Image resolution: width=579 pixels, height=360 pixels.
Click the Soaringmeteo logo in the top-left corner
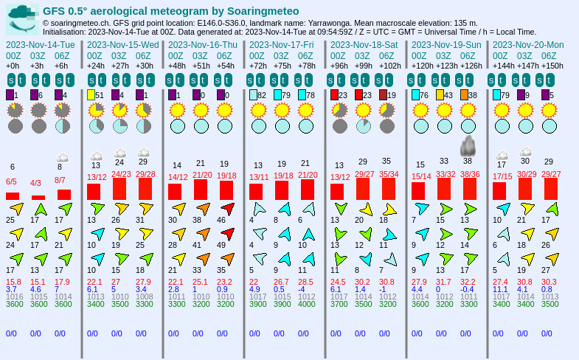click(x=22, y=19)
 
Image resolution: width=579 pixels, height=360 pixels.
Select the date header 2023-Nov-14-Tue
click(x=40, y=44)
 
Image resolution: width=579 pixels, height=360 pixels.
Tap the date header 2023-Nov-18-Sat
click(x=364, y=44)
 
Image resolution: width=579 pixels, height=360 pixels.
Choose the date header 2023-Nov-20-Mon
click(x=527, y=44)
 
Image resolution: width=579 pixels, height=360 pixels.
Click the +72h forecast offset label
click(x=259, y=66)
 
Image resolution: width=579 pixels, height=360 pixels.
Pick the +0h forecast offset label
click(x=13, y=66)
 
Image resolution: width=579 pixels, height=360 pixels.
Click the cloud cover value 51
click(x=100, y=95)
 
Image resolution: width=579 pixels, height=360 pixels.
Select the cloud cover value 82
click(x=262, y=95)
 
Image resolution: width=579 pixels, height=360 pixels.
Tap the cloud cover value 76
click(x=424, y=95)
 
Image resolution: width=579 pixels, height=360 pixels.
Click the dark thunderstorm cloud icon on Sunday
click(x=468, y=145)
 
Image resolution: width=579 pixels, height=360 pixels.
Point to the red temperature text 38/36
click(x=470, y=175)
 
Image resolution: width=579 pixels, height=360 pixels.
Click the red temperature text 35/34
click(x=389, y=175)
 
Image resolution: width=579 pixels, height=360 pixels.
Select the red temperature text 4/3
click(x=35, y=182)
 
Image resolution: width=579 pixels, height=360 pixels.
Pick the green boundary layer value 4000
click(x=306, y=303)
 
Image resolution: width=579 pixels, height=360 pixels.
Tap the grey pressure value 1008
click(x=144, y=296)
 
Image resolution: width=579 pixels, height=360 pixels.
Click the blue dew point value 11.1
click(x=501, y=289)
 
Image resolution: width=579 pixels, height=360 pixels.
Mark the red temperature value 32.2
click(x=468, y=282)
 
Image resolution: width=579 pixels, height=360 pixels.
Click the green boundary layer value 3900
click(x=257, y=303)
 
